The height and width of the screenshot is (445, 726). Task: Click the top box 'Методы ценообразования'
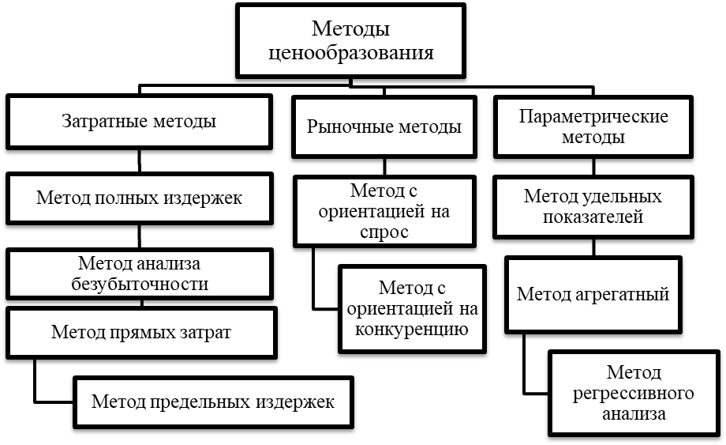[351, 41]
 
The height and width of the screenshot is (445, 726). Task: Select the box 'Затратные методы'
[139, 123]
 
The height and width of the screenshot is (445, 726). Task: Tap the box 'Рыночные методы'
[384, 126]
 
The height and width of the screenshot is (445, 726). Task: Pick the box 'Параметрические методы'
[593, 126]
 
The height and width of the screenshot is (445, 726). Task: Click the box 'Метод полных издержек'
[139, 198]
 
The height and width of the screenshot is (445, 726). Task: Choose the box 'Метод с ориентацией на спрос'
[384, 211]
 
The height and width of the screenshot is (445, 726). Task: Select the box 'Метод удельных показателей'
[593, 206]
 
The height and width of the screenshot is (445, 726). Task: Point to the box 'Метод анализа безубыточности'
[139, 273]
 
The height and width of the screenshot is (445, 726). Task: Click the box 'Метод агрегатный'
[593, 294]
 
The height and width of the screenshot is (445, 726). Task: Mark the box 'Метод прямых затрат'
[141, 331]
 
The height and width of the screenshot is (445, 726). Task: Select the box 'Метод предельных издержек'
[213, 402]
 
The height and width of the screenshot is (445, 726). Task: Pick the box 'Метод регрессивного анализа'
[634, 393]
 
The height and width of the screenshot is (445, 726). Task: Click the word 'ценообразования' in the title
[351, 53]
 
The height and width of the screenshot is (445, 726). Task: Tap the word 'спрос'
[384, 232]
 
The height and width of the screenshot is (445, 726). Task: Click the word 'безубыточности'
[139, 285]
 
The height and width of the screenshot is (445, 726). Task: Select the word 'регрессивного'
[634, 393]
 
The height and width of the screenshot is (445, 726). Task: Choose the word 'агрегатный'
[630, 294]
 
